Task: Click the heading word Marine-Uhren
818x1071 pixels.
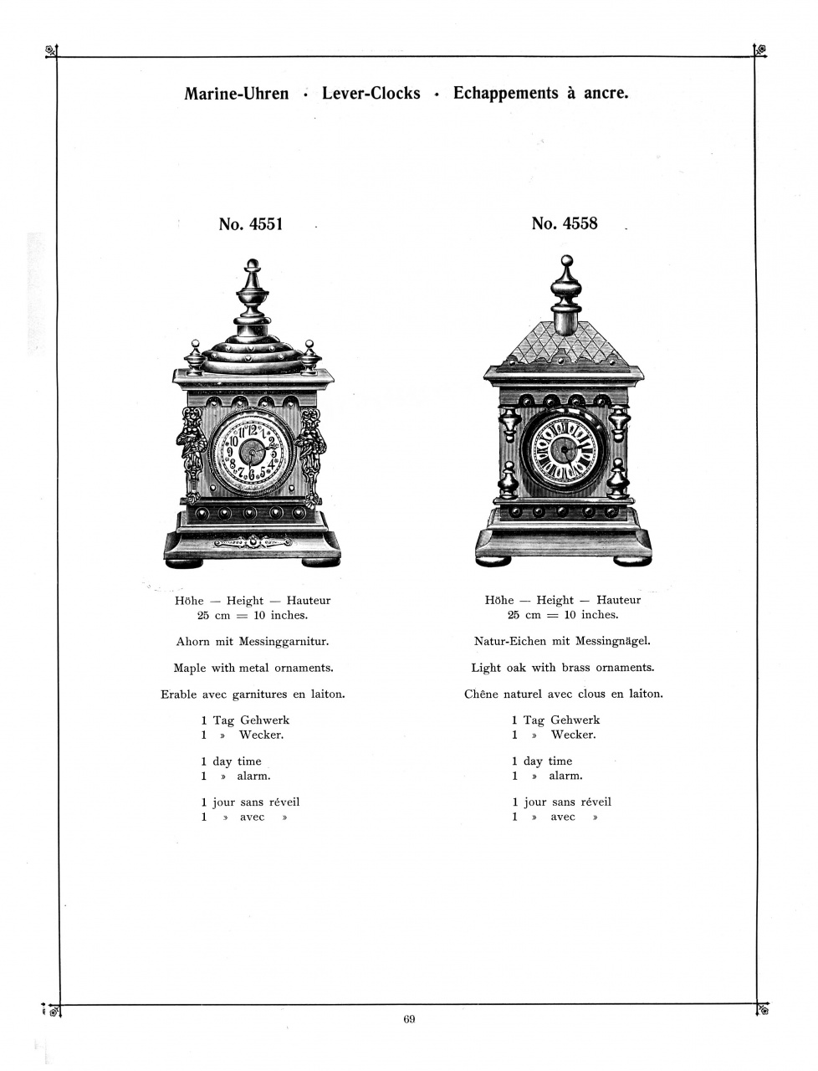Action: [x=236, y=93]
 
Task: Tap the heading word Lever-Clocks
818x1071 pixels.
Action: [x=371, y=93]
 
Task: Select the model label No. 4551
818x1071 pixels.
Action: [x=251, y=224]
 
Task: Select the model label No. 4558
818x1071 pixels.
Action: [x=565, y=223]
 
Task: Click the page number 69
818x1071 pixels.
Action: [x=409, y=1019]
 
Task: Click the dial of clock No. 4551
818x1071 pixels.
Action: [x=253, y=453]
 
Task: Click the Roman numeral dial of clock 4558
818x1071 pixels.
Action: [x=564, y=448]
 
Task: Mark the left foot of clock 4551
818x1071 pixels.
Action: [x=184, y=563]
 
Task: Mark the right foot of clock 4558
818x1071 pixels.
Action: [x=632, y=561]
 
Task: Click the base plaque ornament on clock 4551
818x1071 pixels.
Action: [x=253, y=542]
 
